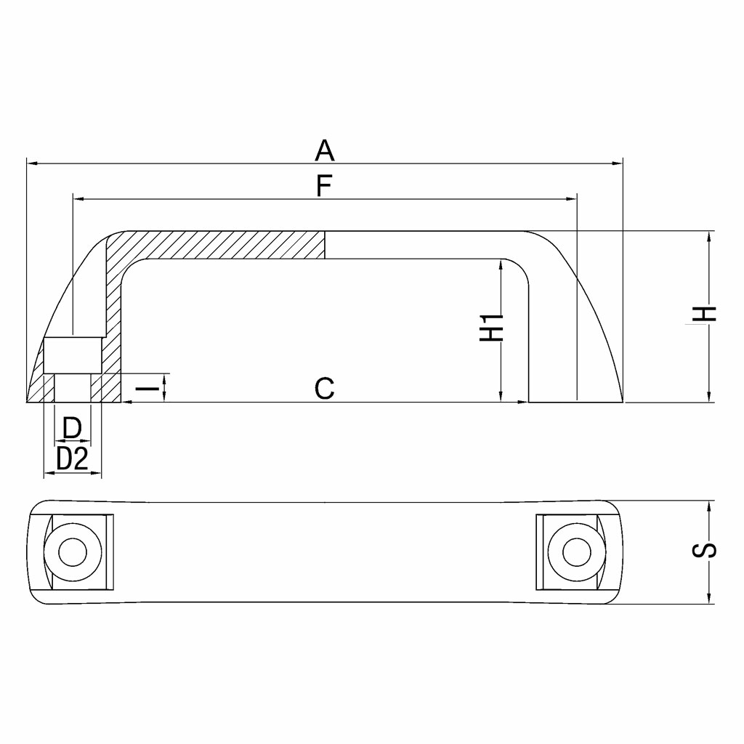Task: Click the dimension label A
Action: (325, 150)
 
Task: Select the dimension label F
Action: (324, 186)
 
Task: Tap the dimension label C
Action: (325, 388)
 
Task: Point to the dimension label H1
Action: (491, 328)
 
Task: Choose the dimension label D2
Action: (72, 459)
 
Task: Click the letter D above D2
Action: (72, 427)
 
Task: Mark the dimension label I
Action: (147, 389)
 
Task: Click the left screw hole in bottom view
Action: (73, 552)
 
